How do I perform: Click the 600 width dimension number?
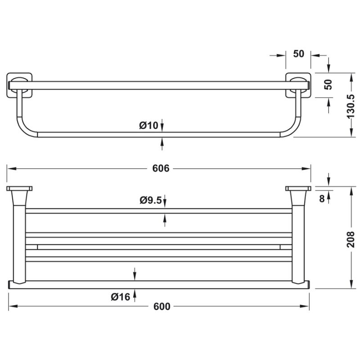(162, 306)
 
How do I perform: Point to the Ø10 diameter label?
(148, 126)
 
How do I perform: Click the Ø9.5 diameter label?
(150, 201)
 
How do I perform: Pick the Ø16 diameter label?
(120, 297)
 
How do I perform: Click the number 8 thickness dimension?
(322, 198)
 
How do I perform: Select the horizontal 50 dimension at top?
(299, 54)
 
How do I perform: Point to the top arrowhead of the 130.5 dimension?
(351, 75)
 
